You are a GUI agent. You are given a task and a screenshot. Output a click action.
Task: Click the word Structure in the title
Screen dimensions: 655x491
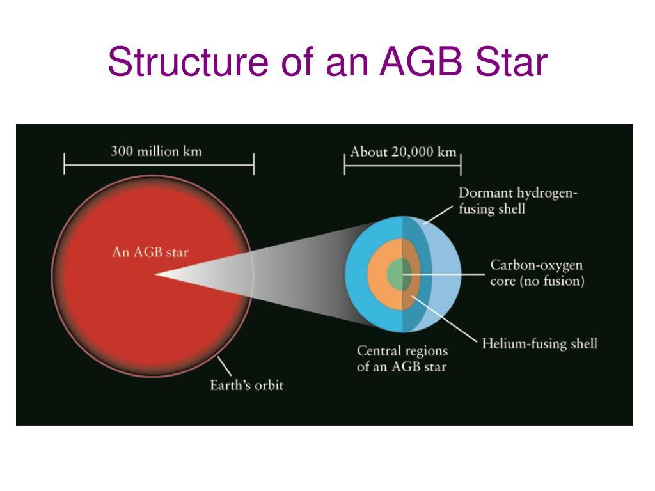pyautogui.click(x=188, y=62)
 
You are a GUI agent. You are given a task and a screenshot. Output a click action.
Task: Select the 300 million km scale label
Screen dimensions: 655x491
pyautogui.click(x=156, y=151)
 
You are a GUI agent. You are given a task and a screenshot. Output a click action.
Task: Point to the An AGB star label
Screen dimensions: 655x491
pyautogui.click(x=150, y=252)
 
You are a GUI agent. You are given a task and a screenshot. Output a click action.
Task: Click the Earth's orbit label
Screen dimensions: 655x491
pyautogui.click(x=246, y=384)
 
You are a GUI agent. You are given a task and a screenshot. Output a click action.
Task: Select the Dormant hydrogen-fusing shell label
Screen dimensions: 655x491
pyautogui.click(x=517, y=200)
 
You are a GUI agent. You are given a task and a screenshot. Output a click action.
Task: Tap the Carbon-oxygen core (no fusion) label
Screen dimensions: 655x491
pyautogui.click(x=537, y=272)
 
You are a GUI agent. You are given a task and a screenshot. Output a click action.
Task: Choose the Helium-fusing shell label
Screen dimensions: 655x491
pyautogui.click(x=539, y=343)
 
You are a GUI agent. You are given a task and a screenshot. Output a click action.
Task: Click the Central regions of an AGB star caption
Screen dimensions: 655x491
pyautogui.click(x=402, y=358)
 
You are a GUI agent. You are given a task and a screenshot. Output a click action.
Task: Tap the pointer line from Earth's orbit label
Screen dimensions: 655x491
pyautogui.click(x=225, y=366)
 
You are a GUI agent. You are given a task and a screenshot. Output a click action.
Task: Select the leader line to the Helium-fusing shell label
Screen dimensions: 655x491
pyautogui.click(x=444, y=318)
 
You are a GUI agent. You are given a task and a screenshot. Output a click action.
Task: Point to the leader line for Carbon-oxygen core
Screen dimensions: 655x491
pyautogui.click(x=444, y=274)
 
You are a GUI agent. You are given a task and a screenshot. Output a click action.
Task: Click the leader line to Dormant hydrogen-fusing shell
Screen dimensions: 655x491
pyautogui.click(x=438, y=215)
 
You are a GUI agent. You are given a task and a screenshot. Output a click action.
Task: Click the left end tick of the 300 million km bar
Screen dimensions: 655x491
pyautogui.click(x=65, y=164)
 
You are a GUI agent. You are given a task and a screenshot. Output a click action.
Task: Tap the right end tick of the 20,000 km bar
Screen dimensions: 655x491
pyautogui.click(x=461, y=164)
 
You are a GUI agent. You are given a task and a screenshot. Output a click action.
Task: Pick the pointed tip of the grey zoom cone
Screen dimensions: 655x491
pyautogui.click(x=155, y=274)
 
